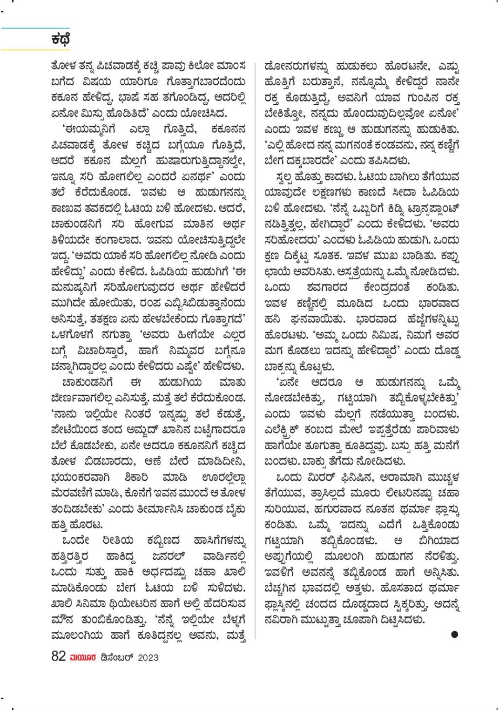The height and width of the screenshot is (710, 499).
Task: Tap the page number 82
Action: [x=58, y=656]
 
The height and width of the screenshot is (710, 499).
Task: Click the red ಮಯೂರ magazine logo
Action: [x=83, y=657]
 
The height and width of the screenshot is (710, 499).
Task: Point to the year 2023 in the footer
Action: [x=148, y=657]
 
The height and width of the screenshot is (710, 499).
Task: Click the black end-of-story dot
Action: [x=454, y=634]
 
